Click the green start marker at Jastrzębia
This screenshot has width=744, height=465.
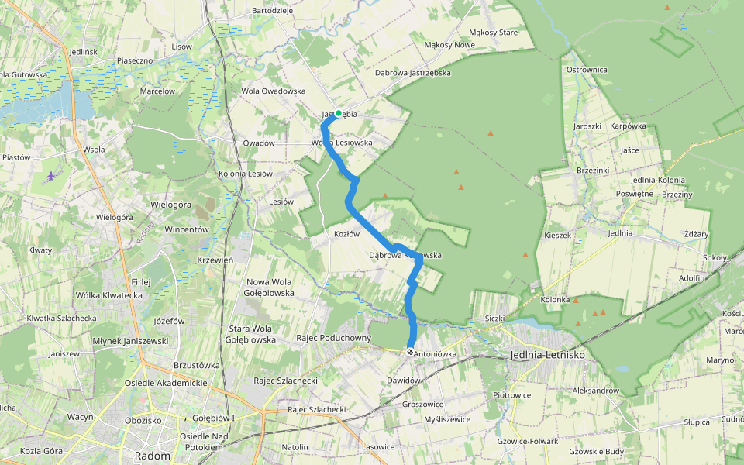tap(338, 113)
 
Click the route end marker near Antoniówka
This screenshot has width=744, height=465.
tap(410, 352)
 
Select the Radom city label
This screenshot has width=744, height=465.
tap(152, 456)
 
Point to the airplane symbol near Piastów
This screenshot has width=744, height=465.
tap(51, 176)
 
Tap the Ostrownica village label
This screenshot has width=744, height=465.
tap(587, 70)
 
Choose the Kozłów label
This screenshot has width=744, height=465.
tap(347, 233)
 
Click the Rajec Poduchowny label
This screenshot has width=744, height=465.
tap(334, 338)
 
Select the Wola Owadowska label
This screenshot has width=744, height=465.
tap(274, 91)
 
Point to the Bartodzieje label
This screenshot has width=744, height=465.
tap(273, 11)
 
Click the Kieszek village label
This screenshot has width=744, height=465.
tap(557, 235)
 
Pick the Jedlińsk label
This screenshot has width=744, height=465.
tap(83, 52)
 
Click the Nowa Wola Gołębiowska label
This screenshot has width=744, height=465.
tap(270, 287)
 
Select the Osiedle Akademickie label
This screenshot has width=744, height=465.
tap(166, 383)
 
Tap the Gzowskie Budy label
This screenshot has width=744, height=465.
tap(596, 451)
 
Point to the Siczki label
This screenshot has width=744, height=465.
tap(494, 318)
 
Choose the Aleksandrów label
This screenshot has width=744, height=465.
tap(595, 391)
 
